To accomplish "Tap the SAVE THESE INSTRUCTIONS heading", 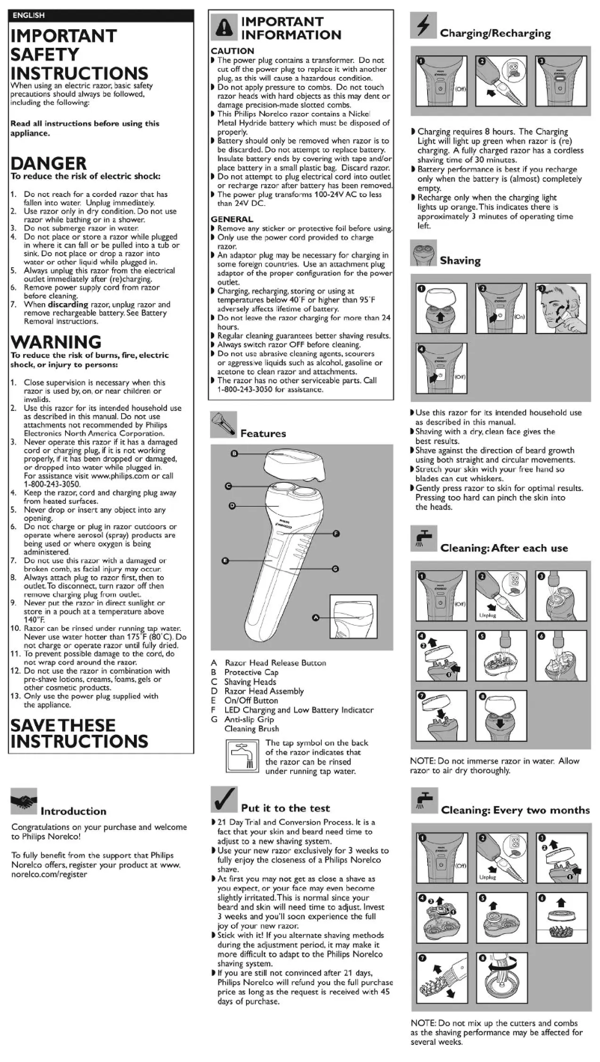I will point(79,733).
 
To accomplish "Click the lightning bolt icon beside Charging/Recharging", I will point(421,28).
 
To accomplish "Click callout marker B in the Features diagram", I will point(234,454).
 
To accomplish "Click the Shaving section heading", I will point(460,260).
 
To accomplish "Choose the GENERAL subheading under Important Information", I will point(233,219).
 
